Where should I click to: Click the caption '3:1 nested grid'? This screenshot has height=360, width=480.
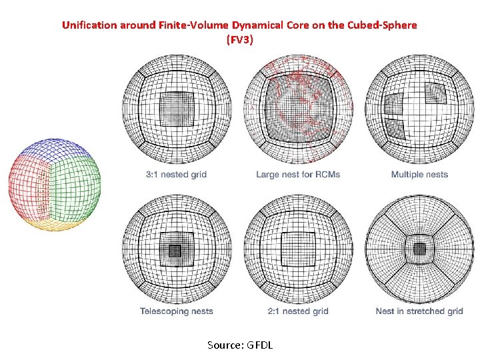(x=176, y=175)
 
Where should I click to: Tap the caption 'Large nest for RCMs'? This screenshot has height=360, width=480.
(x=297, y=175)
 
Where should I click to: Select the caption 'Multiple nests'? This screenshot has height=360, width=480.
(x=419, y=175)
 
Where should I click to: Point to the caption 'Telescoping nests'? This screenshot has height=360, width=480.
(x=177, y=311)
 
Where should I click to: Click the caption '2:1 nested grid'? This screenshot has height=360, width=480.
(x=298, y=311)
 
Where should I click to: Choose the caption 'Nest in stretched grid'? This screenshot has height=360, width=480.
(x=419, y=311)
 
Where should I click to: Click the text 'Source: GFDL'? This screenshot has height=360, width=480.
(x=240, y=345)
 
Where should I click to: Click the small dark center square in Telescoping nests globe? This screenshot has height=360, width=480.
(x=175, y=251)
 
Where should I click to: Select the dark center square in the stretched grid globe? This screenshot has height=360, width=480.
(x=419, y=249)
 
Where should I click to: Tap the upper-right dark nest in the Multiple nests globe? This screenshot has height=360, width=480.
(x=437, y=91)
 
